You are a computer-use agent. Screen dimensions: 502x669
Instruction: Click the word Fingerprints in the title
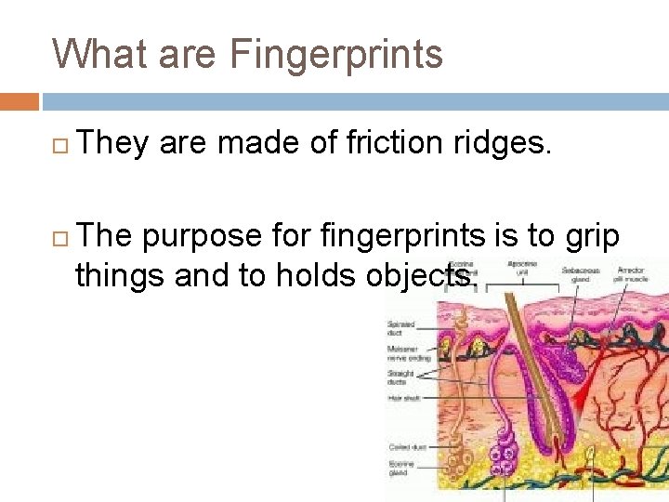pos(335,54)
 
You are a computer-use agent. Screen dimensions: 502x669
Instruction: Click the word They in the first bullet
pos(113,142)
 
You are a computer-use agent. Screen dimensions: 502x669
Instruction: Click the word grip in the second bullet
pos(590,236)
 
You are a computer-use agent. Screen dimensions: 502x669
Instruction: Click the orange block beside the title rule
pos(20,101)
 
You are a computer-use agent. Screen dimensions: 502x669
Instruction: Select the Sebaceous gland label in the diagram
pos(580,274)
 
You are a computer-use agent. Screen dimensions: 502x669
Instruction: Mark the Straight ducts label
pos(401,376)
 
